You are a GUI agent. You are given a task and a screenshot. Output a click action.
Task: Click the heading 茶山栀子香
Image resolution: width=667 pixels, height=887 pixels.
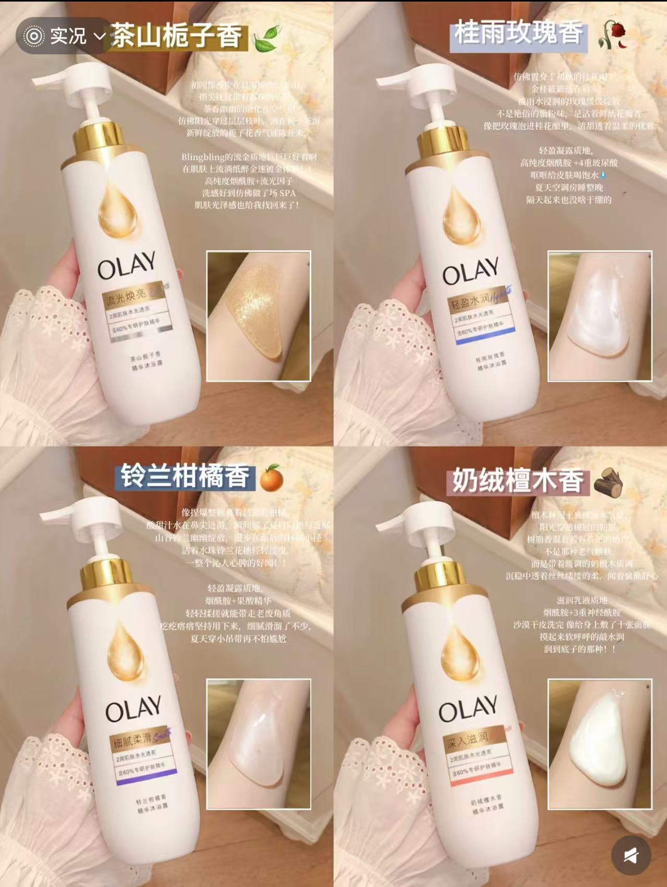(177, 37)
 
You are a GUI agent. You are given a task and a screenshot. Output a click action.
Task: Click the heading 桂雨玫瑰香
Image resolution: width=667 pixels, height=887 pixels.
(518, 33)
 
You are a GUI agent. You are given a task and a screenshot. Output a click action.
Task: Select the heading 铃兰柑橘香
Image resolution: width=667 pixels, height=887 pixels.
(185, 476)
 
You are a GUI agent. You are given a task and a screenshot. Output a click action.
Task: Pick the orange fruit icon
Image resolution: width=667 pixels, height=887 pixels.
(271, 478)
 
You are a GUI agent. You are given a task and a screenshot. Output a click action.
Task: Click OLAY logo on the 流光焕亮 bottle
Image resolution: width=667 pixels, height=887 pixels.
(127, 264)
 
